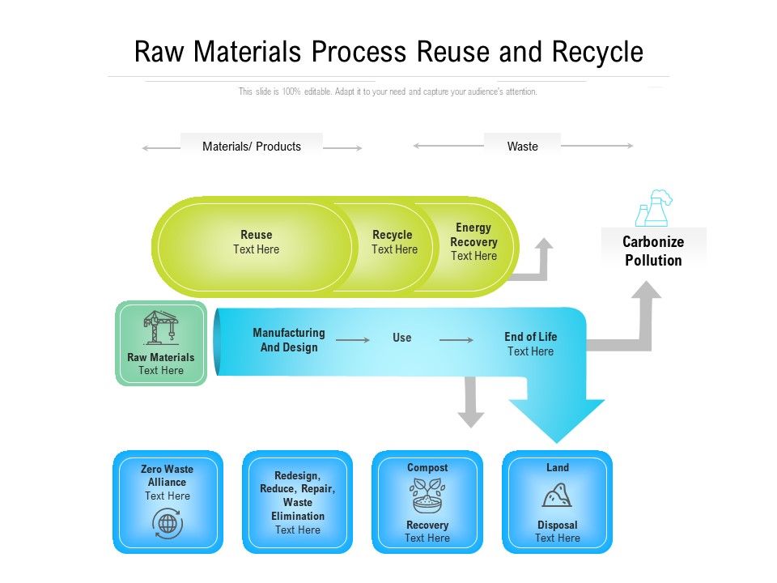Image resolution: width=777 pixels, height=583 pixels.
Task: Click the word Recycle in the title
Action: [x=598, y=52]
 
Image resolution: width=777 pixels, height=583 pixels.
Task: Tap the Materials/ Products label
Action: [x=252, y=147]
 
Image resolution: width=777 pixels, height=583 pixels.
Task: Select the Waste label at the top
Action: [x=522, y=147]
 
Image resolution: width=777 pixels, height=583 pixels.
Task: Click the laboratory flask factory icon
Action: [x=654, y=208]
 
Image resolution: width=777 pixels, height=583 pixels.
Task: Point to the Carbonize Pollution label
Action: [x=653, y=251]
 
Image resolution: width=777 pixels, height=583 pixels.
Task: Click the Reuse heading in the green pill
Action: [x=256, y=235]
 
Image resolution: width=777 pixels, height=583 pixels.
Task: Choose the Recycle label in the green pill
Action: [x=393, y=235]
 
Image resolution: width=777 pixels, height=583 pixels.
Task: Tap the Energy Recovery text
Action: [x=473, y=235]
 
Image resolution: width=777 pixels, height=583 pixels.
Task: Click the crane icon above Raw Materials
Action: [x=161, y=327]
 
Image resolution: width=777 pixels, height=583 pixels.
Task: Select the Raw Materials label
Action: [x=161, y=357]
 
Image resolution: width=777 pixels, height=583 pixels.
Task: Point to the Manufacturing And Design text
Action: [x=289, y=340]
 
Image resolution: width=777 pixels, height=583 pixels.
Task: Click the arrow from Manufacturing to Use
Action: [x=353, y=340]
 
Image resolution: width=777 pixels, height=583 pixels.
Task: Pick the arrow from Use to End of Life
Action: [x=456, y=340]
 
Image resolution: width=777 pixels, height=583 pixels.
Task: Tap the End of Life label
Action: [x=530, y=337]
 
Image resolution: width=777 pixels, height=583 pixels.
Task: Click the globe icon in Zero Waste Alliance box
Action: [x=168, y=524]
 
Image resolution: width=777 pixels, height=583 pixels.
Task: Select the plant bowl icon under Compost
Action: [x=427, y=496]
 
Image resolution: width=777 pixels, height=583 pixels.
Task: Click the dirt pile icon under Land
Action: [x=557, y=495]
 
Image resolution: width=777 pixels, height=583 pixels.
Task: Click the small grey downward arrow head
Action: [x=470, y=418]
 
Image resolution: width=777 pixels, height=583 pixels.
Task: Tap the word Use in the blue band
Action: [x=402, y=338]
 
